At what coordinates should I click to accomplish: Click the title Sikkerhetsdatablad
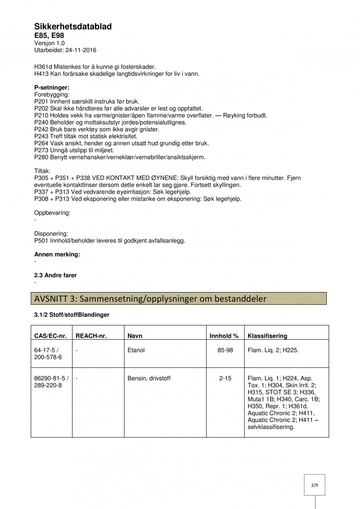pyautogui.click(x=73, y=27)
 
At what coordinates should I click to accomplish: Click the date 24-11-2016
pyautogui.click(x=81, y=50)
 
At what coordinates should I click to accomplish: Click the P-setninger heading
pyautogui.click(x=52, y=87)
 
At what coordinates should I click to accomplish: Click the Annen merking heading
pyautogui.click(x=57, y=255)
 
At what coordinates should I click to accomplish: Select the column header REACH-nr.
pyautogui.click(x=91, y=336)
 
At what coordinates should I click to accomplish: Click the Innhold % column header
pyautogui.click(x=224, y=336)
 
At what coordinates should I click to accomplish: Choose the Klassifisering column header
pyautogui.click(x=268, y=336)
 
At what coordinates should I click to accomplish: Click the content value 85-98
pyautogui.click(x=225, y=349)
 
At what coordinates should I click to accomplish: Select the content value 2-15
pyautogui.click(x=225, y=379)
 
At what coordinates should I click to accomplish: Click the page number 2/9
pyautogui.click(x=314, y=486)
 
